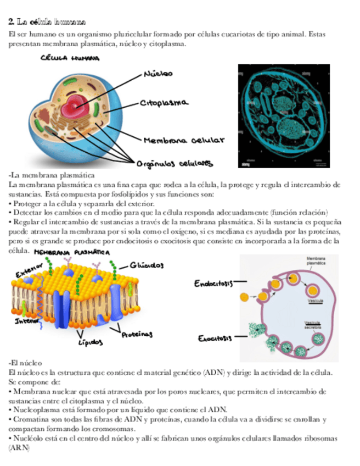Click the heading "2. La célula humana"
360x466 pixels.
(47, 23)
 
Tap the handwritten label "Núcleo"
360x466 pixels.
(159, 73)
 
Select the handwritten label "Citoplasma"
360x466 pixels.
(165, 103)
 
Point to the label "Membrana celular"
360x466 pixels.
(184, 141)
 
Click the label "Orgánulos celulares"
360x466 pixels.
(175, 163)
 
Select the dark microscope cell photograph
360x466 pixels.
(283, 115)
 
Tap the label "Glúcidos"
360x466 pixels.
(147, 265)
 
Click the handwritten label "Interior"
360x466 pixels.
(24, 319)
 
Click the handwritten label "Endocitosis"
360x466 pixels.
(213, 284)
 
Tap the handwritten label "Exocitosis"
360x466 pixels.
(215, 338)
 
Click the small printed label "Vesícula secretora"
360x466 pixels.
(313, 324)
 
